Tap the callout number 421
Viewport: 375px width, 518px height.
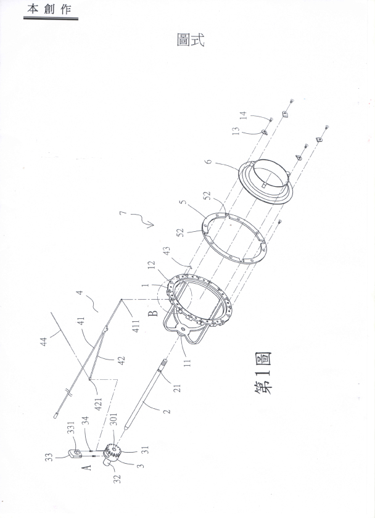coord(99,401)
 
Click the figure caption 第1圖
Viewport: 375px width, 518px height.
coord(263,372)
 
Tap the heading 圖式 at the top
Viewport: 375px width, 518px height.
coord(191,39)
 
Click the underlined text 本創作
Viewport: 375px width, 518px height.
coord(49,9)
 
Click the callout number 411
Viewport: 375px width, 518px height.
coord(136,326)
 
